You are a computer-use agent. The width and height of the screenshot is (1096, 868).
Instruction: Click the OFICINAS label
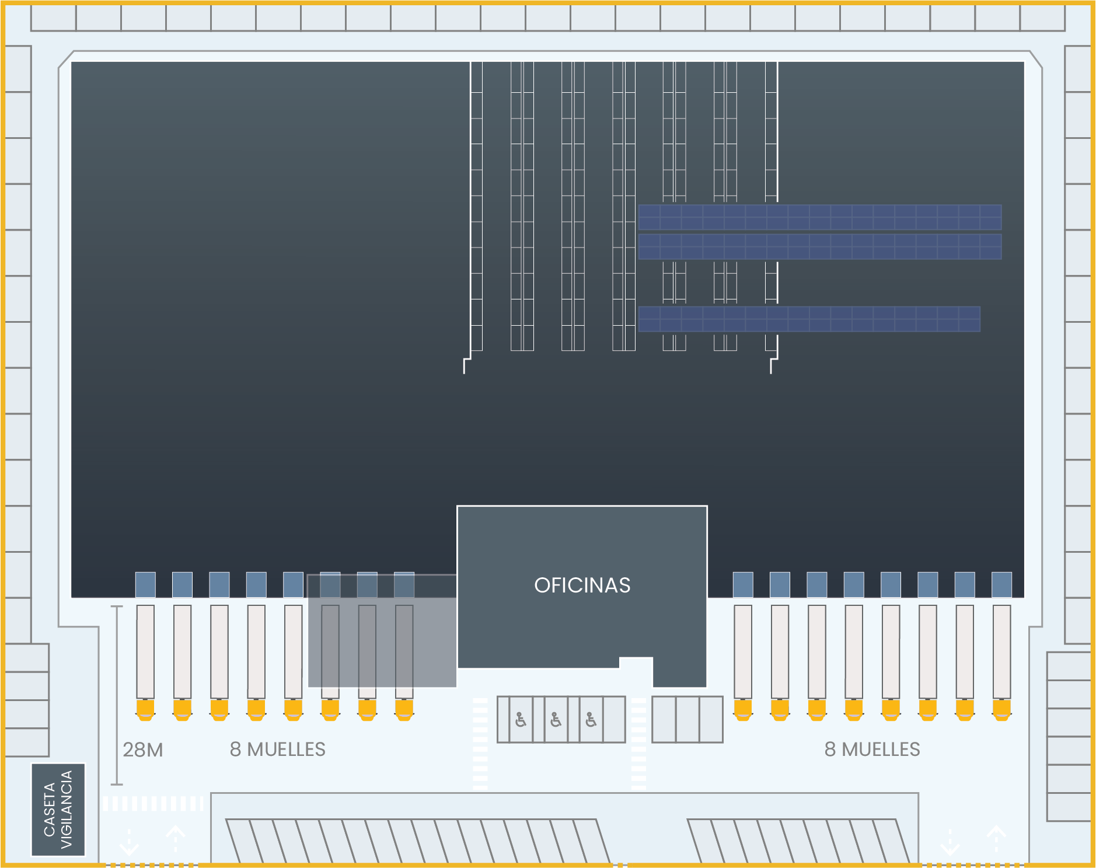click(582, 585)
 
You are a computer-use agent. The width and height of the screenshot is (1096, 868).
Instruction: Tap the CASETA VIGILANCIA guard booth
click(58, 810)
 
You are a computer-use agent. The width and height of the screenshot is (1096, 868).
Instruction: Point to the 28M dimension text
click(143, 750)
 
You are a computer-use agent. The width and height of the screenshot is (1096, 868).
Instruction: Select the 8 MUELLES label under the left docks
click(278, 750)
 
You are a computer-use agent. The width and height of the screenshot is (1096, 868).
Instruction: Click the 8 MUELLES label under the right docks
click(872, 750)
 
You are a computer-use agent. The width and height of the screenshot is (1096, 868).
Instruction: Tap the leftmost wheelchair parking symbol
click(521, 720)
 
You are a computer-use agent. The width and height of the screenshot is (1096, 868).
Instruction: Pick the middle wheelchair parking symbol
click(556, 720)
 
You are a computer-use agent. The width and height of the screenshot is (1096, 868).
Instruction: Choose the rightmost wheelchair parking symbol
click(591, 720)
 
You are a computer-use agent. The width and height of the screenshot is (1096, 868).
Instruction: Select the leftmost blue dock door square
click(145, 584)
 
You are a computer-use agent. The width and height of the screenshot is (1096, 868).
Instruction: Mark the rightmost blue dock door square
click(1001, 584)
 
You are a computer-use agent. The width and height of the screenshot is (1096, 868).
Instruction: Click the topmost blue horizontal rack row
click(819, 217)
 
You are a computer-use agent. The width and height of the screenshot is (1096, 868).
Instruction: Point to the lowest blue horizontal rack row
click(809, 319)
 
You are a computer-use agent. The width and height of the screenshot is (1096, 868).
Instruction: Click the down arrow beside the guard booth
click(129, 842)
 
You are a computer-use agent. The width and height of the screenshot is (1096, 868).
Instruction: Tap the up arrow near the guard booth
click(175, 839)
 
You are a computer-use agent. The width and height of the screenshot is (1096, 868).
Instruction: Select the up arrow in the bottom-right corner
click(996, 839)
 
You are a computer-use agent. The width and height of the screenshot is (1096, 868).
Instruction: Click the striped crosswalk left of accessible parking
click(480, 744)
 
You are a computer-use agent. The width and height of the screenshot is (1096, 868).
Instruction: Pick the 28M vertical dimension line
click(117, 695)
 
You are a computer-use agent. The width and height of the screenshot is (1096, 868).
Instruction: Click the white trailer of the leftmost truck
click(145, 651)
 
